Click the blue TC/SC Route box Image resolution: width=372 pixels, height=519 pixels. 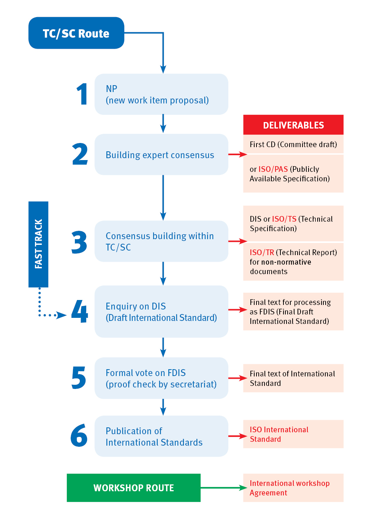pos(76,33)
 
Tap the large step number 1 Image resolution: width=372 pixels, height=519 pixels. pos(82,94)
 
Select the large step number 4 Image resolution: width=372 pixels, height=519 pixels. pos(80,311)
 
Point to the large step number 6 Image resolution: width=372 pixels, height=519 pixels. pos(79,435)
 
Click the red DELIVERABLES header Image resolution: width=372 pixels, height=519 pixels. pos(293,125)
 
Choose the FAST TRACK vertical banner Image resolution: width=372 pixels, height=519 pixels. pos(38,244)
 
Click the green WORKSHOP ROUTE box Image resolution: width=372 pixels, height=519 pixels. pos(133,488)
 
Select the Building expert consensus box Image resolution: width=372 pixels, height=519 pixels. pos(161,155)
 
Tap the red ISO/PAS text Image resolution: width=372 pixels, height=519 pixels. pos(273,169)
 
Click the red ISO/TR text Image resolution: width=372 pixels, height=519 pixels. pos(262,252)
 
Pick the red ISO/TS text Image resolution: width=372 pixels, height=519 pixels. pos(284,219)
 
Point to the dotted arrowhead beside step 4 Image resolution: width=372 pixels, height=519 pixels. pos(62,315)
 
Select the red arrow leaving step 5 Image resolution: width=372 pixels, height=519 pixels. pos(237,378)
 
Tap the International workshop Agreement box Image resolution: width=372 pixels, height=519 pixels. pos(293,488)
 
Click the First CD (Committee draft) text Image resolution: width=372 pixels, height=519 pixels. pos(293,144)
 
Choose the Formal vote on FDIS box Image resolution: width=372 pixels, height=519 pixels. pos(161,378)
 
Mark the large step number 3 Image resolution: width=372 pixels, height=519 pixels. pos(79,242)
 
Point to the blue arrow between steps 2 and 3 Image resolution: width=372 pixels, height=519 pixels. pos(163,198)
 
